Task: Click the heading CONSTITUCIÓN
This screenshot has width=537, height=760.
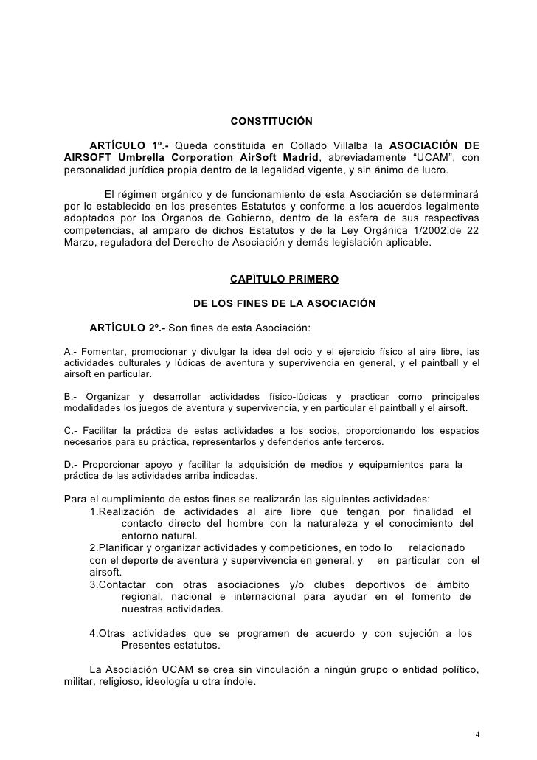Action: [x=271, y=121]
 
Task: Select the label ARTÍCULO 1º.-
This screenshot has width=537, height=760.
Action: [x=129, y=144]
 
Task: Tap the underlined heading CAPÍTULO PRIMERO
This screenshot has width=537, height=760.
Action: [x=285, y=280]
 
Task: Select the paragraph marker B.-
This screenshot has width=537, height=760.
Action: [x=72, y=397]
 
